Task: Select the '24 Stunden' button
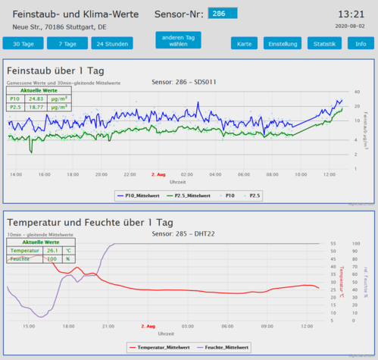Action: click(x=110, y=44)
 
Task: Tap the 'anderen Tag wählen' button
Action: click(x=178, y=40)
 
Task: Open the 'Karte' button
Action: click(x=244, y=44)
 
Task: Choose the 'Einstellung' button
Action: click(x=283, y=44)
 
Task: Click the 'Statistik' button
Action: click(x=324, y=44)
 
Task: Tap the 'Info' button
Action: click(x=361, y=44)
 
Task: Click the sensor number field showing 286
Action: click(x=223, y=14)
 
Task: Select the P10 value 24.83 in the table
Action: click(x=36, y=99)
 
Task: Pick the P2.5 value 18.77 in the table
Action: click(x=36, y=108)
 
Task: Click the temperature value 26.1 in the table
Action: click(x=52, y=249)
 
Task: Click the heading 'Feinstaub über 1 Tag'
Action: click(x=55, y=70)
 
